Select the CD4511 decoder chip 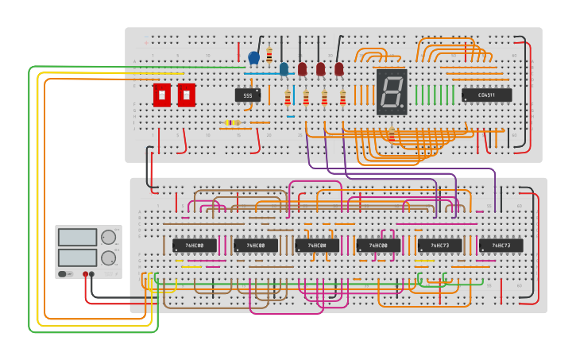pyautogui.click(x=486, y=95)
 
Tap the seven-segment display pyautogui.click(x=391, y=92)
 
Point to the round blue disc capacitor pyautogui.click(x=253, y=57)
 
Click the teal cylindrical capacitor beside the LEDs pyautogui.click(x=284, y=69)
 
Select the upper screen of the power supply pyautogui.click(x=78, y=237)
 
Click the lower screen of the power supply pyautogui.click(x=78, y=257)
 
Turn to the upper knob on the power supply pyautogui.click(x=108, y=237)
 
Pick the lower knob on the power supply pyautogui.click(x=108, y=257)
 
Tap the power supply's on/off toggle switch pyautogui.click(x=62, y=274)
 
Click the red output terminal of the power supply pyautogui.click(x=85, y=274)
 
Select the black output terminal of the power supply pyautogui.click(x=92, y=274)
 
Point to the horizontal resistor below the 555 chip pyautogui.click(x=232, y=122)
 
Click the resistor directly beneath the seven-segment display pyautogui.click(x=391, y=134)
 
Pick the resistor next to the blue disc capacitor pyautogui.click(x=269, y=55)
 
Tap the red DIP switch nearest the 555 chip pyautogui.click(x=186, y=95)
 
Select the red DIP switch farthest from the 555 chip pyautogui.click(x=162, y=95)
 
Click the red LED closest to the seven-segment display pyautogui.click(x=339, y=70)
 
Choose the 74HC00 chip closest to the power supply pyautogui.click(x=195, y=246)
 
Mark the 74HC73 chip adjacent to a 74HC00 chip pyautogui.click(x=439, y=246)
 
